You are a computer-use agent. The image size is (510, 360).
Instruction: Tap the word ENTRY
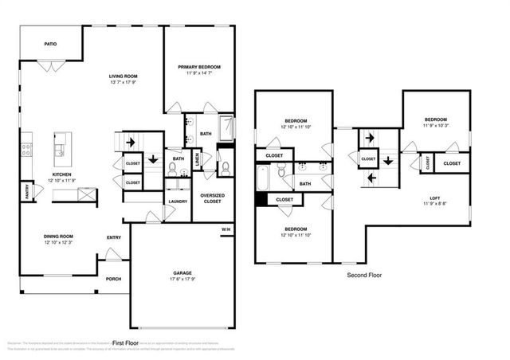click(114, 237)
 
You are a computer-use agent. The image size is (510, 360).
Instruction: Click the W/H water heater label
click(226, 231)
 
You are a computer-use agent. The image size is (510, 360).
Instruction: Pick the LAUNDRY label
click(178, 201)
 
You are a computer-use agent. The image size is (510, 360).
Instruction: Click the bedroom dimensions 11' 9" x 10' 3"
click(435, 125)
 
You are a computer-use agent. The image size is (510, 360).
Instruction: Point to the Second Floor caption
click(363, 275)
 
